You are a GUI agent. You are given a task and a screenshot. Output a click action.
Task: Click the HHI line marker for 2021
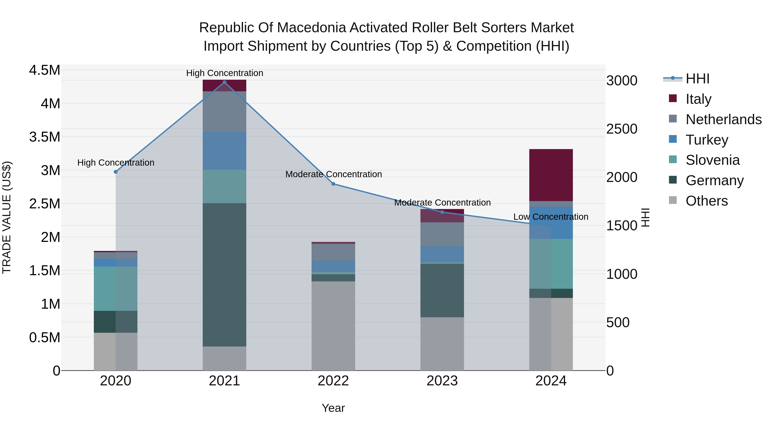pos(224,82)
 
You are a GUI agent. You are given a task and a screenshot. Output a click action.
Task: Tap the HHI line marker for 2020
pos(116,172)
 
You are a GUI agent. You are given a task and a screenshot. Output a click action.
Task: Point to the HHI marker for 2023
pos(442,212)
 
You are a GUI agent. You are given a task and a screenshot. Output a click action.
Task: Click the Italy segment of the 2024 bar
pos(551,175)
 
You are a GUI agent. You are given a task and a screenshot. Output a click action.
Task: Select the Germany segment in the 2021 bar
pos(224,275)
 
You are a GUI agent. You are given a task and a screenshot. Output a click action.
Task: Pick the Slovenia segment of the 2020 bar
pos(116,288)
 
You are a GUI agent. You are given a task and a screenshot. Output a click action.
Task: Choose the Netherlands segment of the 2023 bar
pos(442,234)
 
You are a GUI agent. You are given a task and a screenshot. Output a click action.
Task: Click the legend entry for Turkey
pos(707,140)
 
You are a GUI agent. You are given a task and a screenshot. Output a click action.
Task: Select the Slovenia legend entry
pos(712,160)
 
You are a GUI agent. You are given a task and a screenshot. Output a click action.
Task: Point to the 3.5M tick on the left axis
pos(44,137)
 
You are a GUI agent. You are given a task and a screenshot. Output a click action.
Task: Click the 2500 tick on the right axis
pos(621,129)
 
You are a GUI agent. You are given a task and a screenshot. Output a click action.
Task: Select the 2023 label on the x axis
pos(442,381)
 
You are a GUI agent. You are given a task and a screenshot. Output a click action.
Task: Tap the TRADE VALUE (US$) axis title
pos(7,217)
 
